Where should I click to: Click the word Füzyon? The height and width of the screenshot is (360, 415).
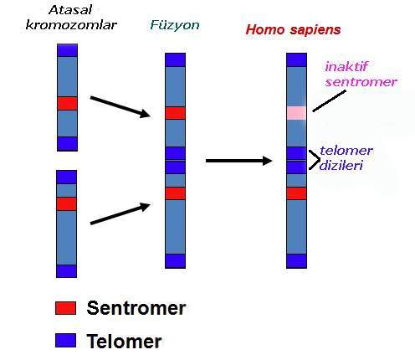click(x=175, y=25)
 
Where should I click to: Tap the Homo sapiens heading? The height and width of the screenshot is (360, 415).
click(x=293, y=29)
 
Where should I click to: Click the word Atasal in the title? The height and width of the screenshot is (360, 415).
click(x=70, y=10)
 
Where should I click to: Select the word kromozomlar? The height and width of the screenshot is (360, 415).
click(x=71, y=25)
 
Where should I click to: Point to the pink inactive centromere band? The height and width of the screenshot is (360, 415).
click(x=296, y=113)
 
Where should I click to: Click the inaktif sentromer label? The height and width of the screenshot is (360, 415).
click(x=361, y=75)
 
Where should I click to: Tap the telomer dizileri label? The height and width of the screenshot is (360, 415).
click(x=346, y=158)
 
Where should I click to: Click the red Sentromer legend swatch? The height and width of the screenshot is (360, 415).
click(x=65, y=308)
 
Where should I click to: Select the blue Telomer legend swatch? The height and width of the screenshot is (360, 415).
click(x=65, y=340)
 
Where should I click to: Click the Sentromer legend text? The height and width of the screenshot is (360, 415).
click(x=136, y=308)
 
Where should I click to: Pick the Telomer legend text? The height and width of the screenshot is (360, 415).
click(x=124, y=341)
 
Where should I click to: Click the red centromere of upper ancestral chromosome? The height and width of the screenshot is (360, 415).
click(x=67, y=103)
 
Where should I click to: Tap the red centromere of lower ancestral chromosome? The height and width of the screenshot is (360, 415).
click(x=66, y=203)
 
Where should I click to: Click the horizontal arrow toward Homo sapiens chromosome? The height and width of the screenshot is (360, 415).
click(x=238, y=161)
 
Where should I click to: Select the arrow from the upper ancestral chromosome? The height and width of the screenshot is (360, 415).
click(x=120, y=107)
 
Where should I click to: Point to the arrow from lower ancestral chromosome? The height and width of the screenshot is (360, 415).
click(x=120, y=213)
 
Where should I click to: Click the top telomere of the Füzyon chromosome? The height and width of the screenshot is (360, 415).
click(x=175, y=59)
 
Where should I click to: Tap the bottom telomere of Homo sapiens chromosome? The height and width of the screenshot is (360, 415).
click(x=296, y=261)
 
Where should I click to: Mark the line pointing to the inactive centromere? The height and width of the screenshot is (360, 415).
click(x=330, y=100)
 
